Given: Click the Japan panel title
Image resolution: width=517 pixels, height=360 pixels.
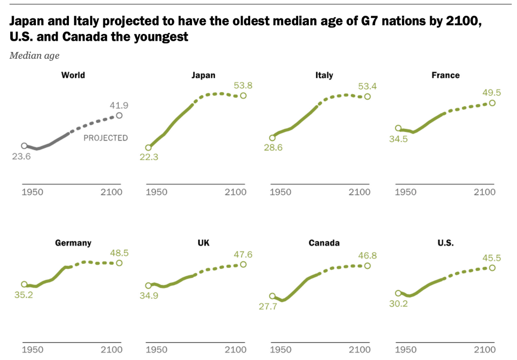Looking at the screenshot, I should pyautogui.click(x=203, y=75).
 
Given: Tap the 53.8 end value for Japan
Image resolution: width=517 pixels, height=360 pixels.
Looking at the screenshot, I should pyautogui.click(x=243, y=85).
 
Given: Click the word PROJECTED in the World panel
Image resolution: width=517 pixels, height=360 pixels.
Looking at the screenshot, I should pyautogui.click(x=106, y=138).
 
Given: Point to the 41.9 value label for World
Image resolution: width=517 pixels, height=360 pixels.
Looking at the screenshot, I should pyautogui.click(x=119, y=105).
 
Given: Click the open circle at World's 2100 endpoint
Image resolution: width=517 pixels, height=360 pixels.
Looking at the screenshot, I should pyautogui.click(x=119, y=115).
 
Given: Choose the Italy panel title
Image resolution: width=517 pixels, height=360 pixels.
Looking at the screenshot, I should pyautogui.click(x=324, y=75).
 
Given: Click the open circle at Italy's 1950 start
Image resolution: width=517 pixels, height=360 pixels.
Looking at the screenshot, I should pyautogui.click(x=272, y=138).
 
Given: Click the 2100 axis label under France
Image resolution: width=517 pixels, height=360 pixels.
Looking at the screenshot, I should pyautogui.click(x=485, y=192).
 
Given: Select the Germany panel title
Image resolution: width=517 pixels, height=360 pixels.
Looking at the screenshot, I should pyautogui.click(x=73, y=243).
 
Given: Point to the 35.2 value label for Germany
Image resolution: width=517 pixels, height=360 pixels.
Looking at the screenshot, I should pyautogui.click(x=23, y=295).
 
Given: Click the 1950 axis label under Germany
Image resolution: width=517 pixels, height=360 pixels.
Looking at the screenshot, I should pyautogui.click(x=33, y=350).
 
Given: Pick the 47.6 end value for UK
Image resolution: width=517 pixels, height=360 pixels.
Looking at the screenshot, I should pyautogui.click(x=242, y=254).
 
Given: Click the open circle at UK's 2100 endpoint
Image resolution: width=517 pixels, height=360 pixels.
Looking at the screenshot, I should pyautogui.click(x=243, y=264).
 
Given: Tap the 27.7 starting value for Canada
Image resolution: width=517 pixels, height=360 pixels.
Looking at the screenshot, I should pyautogui.click(x=268, y=307).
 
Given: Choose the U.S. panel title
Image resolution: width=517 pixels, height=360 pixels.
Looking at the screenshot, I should pyautogui.click(x=445, y=243).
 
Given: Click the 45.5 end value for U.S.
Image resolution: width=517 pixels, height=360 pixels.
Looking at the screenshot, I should pyautogui.click(x=492, y=258).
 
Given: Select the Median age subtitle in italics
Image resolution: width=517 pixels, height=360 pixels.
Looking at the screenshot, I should pyautogui.click(x=34, y=56).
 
